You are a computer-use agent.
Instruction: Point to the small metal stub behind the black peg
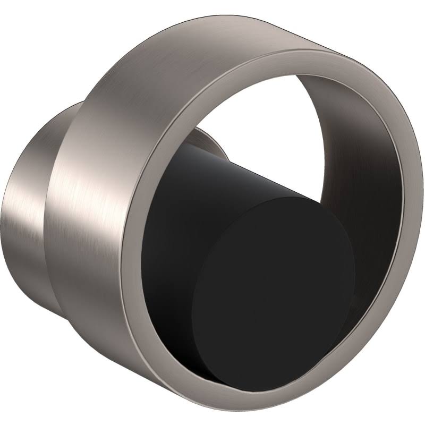coord(205,139)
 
